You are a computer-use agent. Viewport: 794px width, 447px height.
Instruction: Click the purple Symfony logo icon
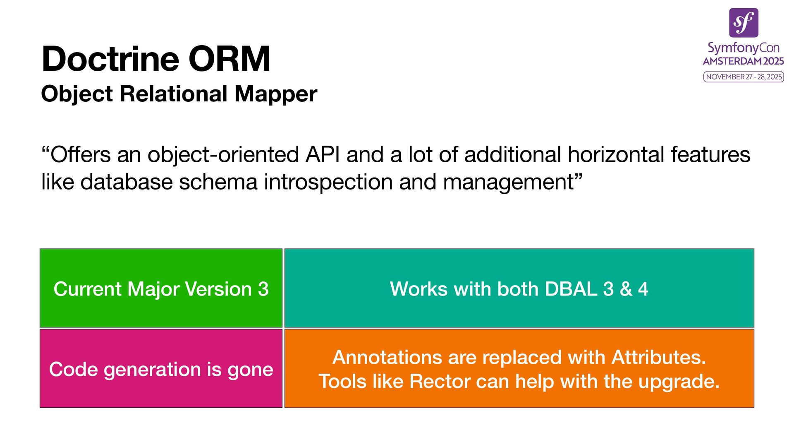tap(744, 23)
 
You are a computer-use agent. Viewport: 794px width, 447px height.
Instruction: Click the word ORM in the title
tap(229, 59)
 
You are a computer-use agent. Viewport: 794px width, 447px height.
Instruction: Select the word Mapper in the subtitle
tap(276, 94)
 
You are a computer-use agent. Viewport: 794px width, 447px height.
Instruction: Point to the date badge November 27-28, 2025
tap(744, 77)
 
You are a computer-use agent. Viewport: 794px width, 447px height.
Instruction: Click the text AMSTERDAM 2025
tap(744, 61)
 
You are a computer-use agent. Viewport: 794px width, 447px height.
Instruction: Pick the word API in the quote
tap(323, 155)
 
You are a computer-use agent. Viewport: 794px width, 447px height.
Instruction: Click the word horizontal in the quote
tap(616, 155)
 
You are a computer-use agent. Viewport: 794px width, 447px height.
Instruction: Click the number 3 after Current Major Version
tap(263, 289)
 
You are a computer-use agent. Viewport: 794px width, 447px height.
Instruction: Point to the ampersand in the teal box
tap(626, 289)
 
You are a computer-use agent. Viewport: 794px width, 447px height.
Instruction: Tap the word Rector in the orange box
tap(440, 382)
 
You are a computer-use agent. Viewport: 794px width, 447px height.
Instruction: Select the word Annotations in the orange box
tap(387, 358)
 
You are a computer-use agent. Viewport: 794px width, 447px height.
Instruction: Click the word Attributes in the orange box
tap(658, 358)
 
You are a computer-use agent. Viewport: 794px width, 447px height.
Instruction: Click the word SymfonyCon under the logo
tap(744, 48)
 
